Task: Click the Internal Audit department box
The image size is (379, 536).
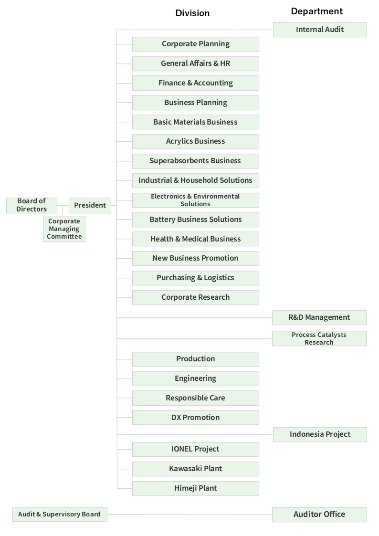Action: click(x=320, y=30)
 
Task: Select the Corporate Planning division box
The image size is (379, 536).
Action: click(x=196, y=44)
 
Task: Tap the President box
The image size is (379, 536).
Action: click(x=90, y=205)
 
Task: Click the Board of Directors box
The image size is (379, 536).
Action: click(x=32, y=205)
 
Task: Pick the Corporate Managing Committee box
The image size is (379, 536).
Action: click(x=64, y=229)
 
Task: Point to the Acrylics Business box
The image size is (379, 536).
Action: click(x=196, y=141)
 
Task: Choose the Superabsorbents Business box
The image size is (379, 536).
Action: click(x=196, y=161)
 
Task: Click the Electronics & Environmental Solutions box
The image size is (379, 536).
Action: click(x=196, y=200)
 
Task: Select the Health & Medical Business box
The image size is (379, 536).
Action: click(x=196, y=239)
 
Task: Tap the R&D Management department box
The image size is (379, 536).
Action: click(x=319, y=317)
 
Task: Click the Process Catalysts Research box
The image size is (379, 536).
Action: click(x=319, y=338)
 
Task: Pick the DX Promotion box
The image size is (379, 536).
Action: click(x=196, y=418)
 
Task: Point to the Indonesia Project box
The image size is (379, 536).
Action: click(x=320, y=434)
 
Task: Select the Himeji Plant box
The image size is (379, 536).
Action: click(x=196, y=488)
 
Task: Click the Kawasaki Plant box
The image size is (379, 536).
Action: click(x=196, y=469)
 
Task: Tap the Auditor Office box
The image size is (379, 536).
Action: click(x=319, y=515)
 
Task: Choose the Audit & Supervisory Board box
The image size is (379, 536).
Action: click(x=60, y=515)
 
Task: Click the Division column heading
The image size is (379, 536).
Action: click(x=192, y=13)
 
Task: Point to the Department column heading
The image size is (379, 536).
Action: click(x=317, y=11)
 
